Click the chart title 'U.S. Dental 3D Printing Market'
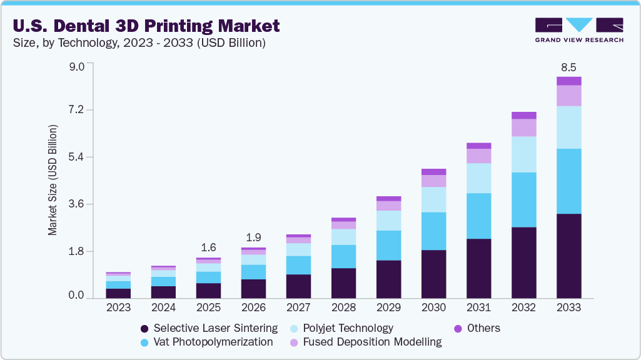point(146,26)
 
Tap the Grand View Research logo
point(579,30)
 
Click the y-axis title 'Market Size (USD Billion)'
point(53,180)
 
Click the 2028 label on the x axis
point(343,307)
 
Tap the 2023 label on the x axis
point(118,307)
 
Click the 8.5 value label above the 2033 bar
point(568,66)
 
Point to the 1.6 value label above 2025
point(208,247)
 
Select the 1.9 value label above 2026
point(253,237)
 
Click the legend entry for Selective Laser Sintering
point(209,328)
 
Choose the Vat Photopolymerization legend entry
point(206,342)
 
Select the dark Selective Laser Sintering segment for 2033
point(568,256)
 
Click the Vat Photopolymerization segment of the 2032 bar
point(523,199)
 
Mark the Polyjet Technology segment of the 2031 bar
point(478,178)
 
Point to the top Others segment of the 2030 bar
point(433,172)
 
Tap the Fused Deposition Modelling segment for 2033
point(568,96)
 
